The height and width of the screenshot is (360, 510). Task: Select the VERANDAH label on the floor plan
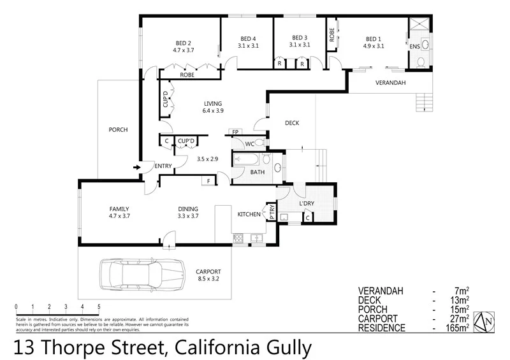390,83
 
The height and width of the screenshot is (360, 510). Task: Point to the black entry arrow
136,168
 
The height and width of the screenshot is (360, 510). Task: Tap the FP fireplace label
235,132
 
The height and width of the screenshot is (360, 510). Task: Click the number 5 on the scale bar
99,306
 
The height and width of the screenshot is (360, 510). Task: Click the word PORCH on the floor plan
118,130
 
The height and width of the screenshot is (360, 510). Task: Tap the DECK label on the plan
292,123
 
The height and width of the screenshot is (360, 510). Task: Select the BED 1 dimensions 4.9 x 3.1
374,46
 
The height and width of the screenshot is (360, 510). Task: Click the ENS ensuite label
415,46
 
